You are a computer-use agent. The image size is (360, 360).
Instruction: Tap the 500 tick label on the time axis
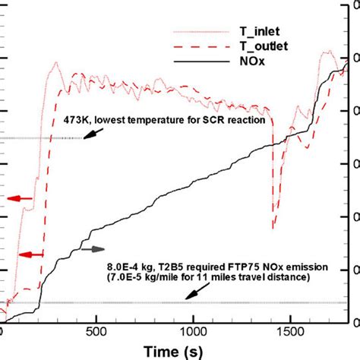point(96,332)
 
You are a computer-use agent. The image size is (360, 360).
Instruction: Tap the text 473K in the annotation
point(76,120)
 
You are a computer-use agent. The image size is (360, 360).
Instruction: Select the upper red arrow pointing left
point(21,199)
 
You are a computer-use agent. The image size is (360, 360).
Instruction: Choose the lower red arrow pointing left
point(31,253)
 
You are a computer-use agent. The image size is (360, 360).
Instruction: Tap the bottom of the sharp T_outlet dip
point(273,226)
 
